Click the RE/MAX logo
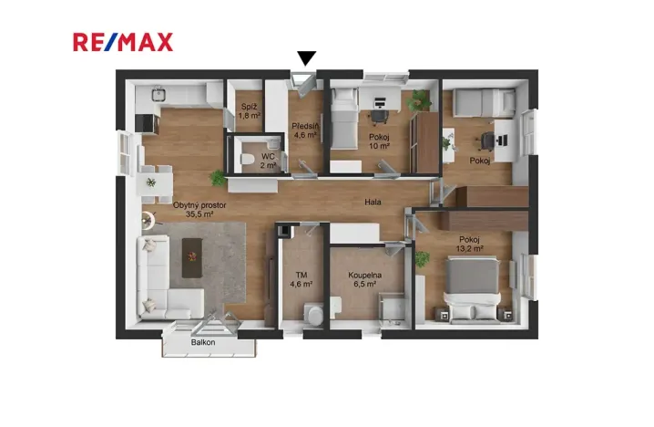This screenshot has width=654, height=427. [123, 41]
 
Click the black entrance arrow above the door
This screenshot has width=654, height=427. [307, 58]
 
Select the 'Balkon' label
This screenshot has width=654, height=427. [203, 342]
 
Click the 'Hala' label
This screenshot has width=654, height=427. [373, 203]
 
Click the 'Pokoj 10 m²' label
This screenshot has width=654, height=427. [379, 141]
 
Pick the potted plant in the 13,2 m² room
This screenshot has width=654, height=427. [422, 258]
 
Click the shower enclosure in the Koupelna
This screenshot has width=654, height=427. [393, 307]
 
